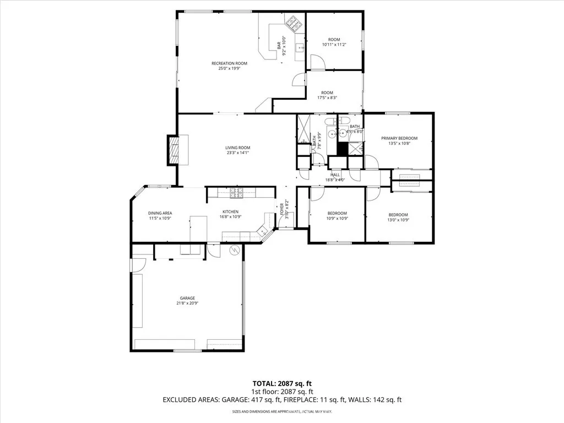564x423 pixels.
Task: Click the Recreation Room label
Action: click(x=229, y=63)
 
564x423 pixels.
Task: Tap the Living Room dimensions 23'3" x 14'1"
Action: click(x=237, y=153)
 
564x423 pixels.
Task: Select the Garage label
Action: click(x=187, y=297)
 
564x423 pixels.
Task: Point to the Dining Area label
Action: click(x=160, y=213)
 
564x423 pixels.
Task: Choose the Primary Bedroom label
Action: click(x=399, y=138)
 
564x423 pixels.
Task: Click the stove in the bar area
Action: click(x=292, y=24)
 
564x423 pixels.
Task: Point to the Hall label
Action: click(x=335, y=174)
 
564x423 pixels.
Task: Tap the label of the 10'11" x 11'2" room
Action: click(x=334, y=40)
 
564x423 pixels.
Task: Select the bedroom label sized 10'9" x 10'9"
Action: click(x=337, y=213)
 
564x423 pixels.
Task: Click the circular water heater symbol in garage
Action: click(x=234, y=251)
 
